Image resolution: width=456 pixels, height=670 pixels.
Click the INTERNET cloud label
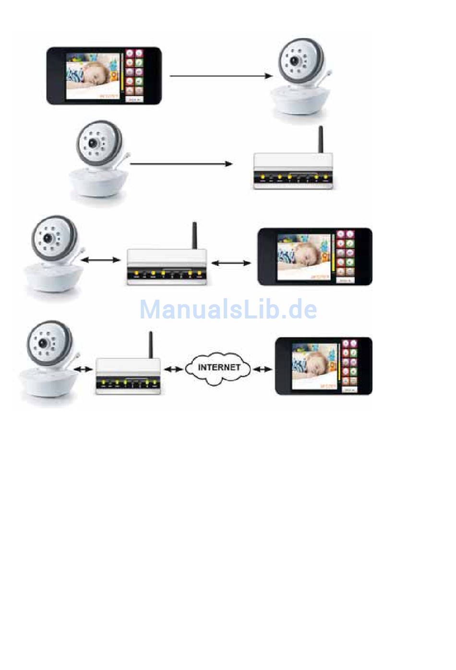219,367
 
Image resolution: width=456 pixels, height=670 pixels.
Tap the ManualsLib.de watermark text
228,309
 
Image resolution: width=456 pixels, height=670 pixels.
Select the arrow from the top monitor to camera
220,76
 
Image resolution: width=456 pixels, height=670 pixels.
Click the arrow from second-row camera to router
181,164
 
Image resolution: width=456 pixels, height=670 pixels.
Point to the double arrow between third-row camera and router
101,260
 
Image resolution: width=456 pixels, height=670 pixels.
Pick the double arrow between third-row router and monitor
231,263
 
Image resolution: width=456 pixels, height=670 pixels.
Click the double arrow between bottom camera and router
84,369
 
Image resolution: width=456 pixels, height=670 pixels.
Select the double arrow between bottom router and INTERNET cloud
173,369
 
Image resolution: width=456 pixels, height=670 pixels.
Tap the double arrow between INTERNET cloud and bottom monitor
263,369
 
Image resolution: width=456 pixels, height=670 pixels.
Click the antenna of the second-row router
321,139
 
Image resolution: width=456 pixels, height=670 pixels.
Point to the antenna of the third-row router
194,235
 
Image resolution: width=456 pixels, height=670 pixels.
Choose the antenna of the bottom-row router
151,344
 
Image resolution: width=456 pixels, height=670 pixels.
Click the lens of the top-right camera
295,62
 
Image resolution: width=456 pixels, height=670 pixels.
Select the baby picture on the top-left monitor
92,76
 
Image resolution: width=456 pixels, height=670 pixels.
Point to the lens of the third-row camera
48,238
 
